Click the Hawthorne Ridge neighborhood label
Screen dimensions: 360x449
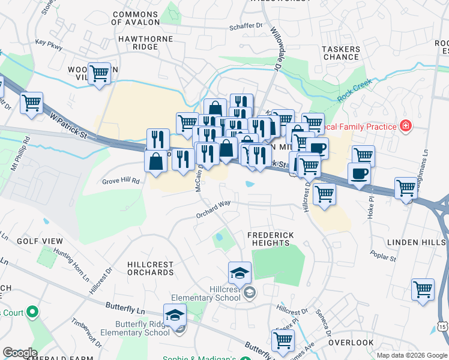pyautogui.click(x=146, y=43)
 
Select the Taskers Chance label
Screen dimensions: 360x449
pyautogui.click(x=341, y=53)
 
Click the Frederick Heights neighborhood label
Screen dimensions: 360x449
pyautogui.click(x=271, y=239)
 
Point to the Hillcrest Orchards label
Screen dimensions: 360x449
pyautogui.click(x=151, y=268)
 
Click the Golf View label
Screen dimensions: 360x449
pyautogui.click(x=40, y=241)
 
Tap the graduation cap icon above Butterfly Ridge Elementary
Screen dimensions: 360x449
pyautogui.click(x=175, y=314)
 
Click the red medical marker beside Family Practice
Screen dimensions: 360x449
pyautogui.click(x=406, y=126)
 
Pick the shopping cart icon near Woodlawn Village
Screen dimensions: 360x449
pyautogui.click(x=100, y=74)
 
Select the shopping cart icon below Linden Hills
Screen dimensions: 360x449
pyautogui.click(x=423, y=289)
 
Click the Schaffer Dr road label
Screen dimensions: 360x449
pyautogui.click(x=252, y=26)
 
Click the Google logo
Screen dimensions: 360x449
pyautogui.click(x=20, y=353)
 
